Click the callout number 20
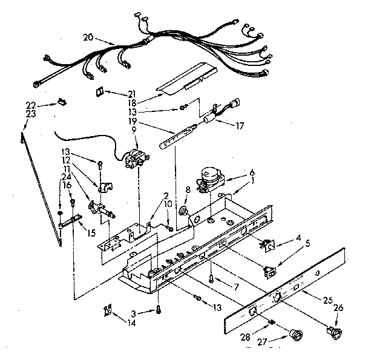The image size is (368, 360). pos(88,38)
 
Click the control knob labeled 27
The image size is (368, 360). pos(295,334)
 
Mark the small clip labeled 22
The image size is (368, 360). pos(62,102)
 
